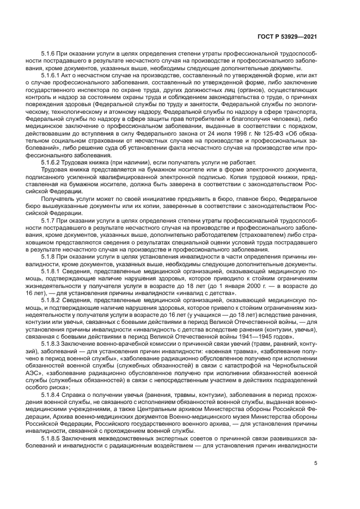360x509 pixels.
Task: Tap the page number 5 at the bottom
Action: point(315,463)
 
